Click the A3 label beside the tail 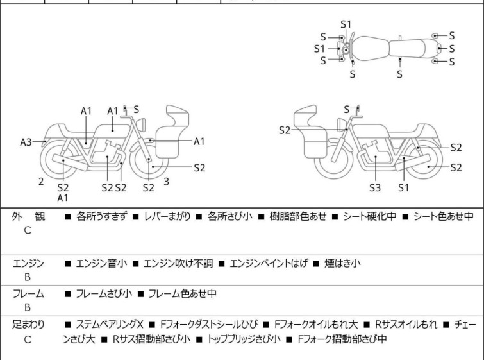point(26,142)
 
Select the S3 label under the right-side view point(375,187)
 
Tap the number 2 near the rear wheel point(41,182)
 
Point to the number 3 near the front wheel point(166,182)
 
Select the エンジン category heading point(28,263)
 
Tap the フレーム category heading point(28,294)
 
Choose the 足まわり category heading point(28,325)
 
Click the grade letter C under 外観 point(28,231)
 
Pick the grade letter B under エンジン point(28,277)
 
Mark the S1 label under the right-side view point(403,187)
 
